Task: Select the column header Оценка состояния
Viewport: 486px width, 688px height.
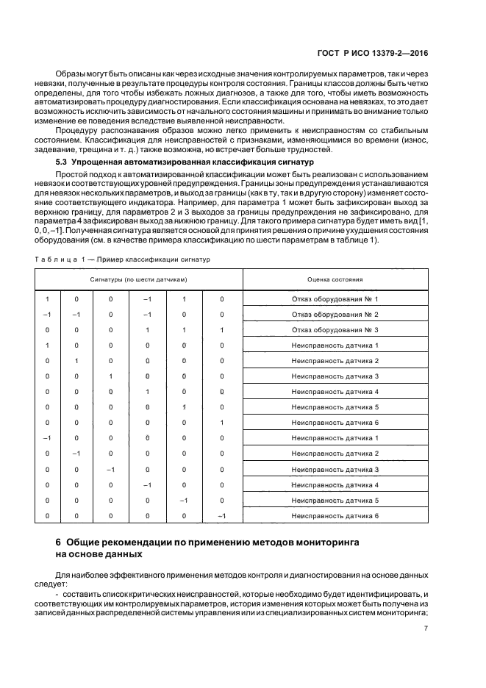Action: pos(335,280)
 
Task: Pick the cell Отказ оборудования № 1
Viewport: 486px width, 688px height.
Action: pos(335,299)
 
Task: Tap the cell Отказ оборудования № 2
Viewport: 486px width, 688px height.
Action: pos(335,315)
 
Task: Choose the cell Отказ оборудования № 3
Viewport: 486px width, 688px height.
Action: pos(335,330)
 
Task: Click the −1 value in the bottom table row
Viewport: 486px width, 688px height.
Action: pos(221,516)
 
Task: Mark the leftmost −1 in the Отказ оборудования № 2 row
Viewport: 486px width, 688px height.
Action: pos(47,315)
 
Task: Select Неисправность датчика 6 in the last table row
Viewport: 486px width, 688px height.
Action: pos(335,516)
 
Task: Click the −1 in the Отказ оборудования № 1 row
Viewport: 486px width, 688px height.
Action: pos(147,299)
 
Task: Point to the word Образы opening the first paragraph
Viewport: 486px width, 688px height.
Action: pos(71,75)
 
